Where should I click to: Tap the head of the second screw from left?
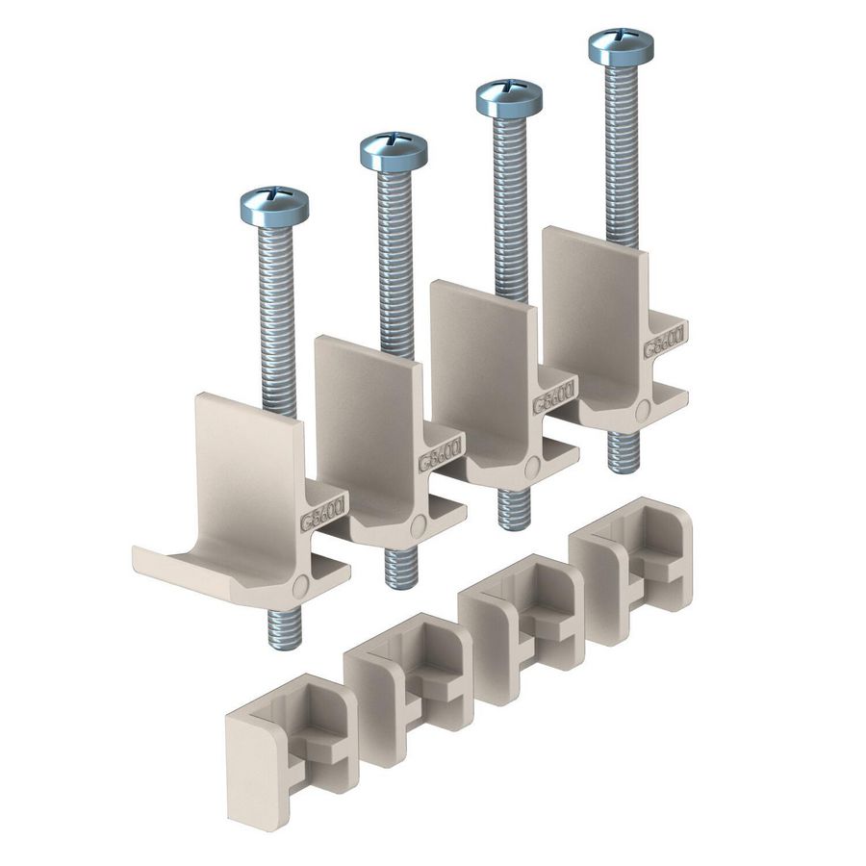pos(394,149)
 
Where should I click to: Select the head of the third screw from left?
pos(509,96)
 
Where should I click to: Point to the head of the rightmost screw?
pos(621,44)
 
